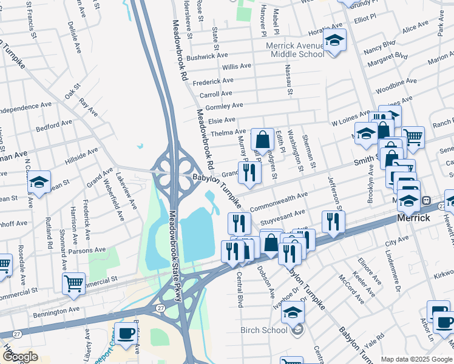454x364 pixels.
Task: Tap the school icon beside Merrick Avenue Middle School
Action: click(334, 41)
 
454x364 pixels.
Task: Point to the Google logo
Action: click(20, 356)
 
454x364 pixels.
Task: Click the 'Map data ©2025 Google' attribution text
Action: click(416, 359)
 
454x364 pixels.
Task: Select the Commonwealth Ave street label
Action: click(279, 200)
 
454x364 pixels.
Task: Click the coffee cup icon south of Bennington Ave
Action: click(126, 333)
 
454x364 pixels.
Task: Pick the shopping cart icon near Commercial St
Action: click(73, 283)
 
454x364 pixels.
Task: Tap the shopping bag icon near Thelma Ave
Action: click(262, 140)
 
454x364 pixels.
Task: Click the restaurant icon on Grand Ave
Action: click(249, 172)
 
